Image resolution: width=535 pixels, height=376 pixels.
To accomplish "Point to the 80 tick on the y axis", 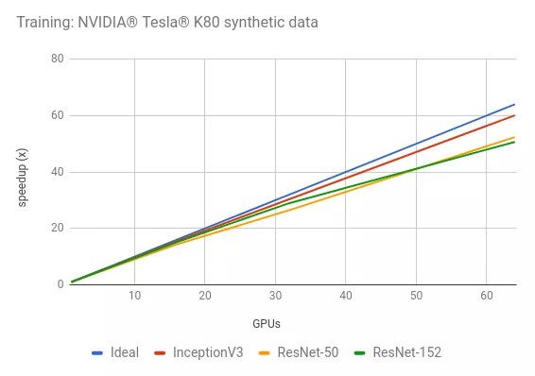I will point(57,59).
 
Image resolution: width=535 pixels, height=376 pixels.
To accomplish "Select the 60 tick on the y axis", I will point(57,115).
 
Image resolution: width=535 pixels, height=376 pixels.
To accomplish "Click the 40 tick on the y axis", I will point(57,172).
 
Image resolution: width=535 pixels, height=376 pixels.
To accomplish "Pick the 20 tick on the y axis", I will point(57,228).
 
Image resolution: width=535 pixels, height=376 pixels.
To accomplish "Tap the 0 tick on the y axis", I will point(60,283).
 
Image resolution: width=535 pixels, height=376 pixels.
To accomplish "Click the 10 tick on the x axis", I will point(134,296).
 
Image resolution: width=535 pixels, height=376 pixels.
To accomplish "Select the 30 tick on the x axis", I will point(275,296).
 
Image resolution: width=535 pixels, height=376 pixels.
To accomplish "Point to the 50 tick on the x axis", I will point(416,296).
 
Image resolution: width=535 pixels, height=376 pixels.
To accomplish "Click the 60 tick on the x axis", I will point(486,296).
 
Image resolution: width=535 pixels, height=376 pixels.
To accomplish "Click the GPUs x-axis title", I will point(266,323).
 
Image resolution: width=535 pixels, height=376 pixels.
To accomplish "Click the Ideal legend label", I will point(124,352).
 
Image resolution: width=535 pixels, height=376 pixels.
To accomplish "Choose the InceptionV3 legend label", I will point(206,352).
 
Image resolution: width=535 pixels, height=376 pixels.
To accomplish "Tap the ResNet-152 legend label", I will point(406,352).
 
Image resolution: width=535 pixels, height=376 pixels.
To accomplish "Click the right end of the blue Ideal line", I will point(514,104).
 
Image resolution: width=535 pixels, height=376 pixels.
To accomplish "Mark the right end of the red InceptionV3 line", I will point(514,115).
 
